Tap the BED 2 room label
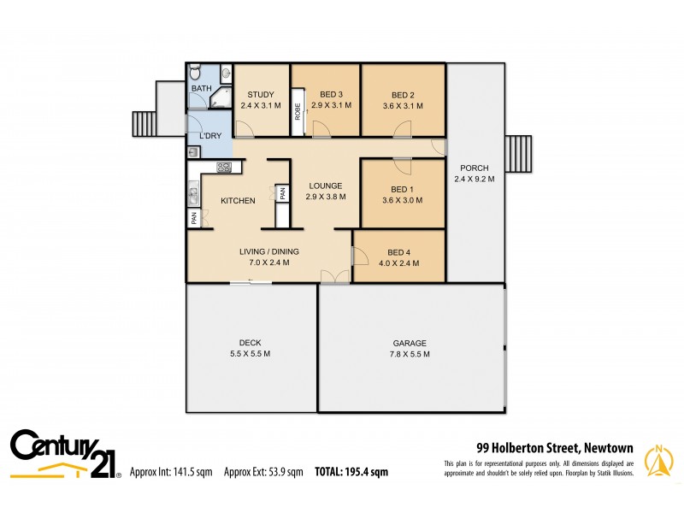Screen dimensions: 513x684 (403, 94)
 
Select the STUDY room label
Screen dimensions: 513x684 (260, 94)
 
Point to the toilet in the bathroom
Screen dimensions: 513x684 (195, 72)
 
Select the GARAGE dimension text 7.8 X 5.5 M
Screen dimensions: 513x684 (405, 353)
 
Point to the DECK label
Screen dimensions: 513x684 (251, 342)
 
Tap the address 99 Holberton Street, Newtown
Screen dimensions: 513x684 (554, 446)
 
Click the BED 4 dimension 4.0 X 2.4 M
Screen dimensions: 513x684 (399, 263)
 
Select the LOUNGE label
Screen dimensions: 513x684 (326, 186)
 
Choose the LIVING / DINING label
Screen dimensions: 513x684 (268, 251)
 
